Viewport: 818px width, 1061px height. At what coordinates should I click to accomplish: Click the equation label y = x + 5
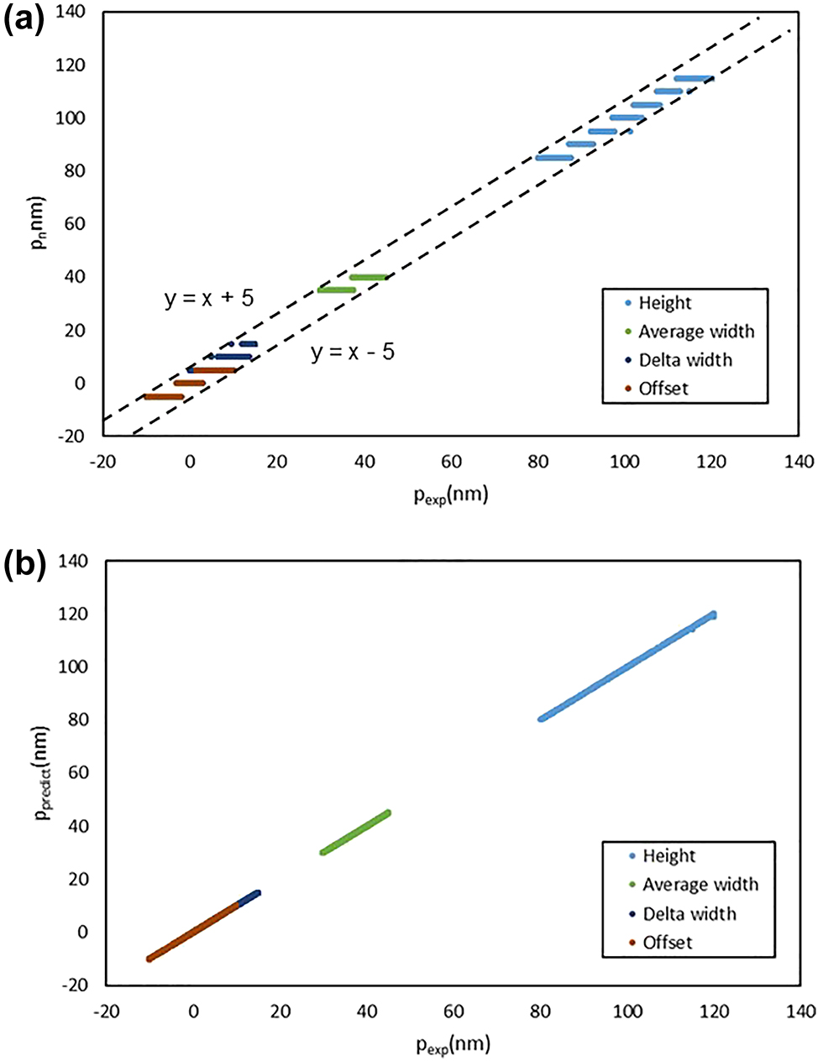tap(209, 298)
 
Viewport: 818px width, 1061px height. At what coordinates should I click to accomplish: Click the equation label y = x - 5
tap(353, 352)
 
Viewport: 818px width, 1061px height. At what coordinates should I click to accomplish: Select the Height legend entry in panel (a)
tap(664, 303)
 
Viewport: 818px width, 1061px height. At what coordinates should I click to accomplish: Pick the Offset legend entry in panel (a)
tap(663, 389)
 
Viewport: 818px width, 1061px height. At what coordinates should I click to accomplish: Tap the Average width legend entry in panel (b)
tap(700, 885)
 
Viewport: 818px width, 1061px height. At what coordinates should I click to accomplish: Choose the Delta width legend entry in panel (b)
tap(689, 914)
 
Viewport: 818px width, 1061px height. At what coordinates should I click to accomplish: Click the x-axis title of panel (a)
tap(450, 494)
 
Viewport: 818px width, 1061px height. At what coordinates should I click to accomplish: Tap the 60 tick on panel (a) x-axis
tap(451, 461)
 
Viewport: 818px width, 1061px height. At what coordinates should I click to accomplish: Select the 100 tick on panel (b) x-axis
tap(627, 1011)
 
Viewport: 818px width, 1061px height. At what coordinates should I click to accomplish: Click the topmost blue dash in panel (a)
tap(693, 78)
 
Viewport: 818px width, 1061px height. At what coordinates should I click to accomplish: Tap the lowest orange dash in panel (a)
tap(164, 396)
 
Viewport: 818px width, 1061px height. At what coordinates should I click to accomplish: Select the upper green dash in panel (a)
tap(368, 277)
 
